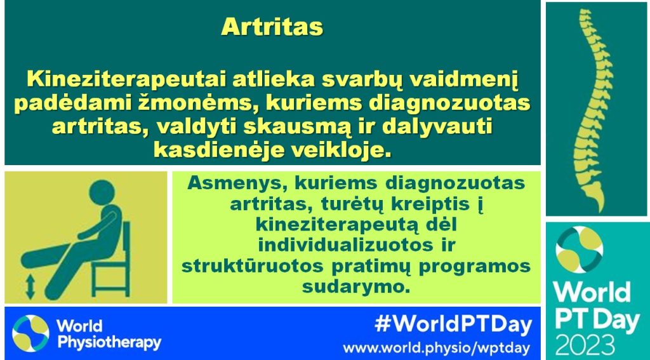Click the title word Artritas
[x=272, y=27]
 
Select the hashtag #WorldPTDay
[x=453, y=325]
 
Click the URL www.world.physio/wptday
[x=436, y=347]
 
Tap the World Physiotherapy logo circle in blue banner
[x=30, y=333]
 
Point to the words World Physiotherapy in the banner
[x=109, y=334]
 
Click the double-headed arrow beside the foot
[x=30, y=288]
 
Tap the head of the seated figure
[x=102, y=192]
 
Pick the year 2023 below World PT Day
[x=585, y=346]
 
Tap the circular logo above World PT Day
[x=579, y=249]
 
